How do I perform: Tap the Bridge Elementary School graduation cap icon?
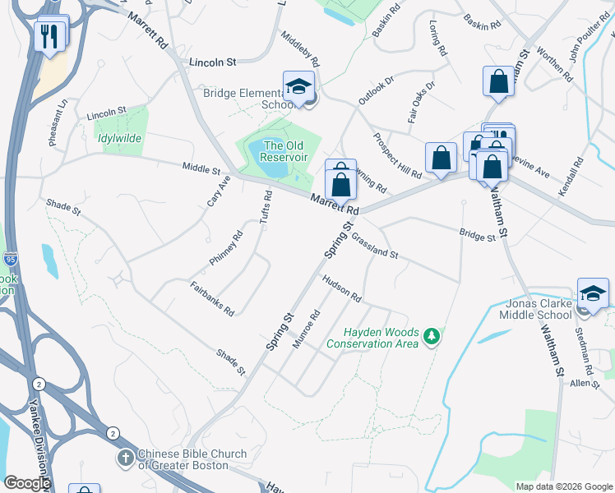tap(298, 87)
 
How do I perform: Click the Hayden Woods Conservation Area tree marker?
tap(430, 336)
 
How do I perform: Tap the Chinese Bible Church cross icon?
tap(125, 458)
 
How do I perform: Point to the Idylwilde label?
tap(116, 139)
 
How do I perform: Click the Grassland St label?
tap(374, 245)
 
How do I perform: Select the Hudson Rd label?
tap(342, 287)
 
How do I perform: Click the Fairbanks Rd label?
tap(212, 299)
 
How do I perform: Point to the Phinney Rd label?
tap(226, 247)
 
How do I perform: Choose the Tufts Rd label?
tap(266, 208)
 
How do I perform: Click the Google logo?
tap(26, 483)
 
